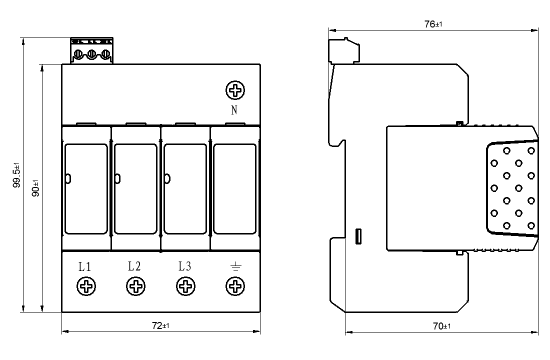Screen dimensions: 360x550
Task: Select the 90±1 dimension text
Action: pyautogui.click(x=35, y=189)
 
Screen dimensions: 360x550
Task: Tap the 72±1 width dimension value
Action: pyautogui.click(x=160, y=325)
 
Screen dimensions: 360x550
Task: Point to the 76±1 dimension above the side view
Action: pyautogui.click(x=433, y=23)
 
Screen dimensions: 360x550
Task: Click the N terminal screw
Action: pyautogui.click(x=235, y=90)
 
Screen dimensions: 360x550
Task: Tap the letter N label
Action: pyautogui.click(x=234, y=110)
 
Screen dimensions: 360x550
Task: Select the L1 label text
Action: pyautogui.click(x=85, y=266)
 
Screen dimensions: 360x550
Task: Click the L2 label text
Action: pyautogui.click(x=134, y=266)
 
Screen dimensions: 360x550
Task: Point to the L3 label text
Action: pyautogui.click(x=184, y=266)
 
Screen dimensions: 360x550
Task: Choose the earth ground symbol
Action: pyautogui.click(x=234, y=267)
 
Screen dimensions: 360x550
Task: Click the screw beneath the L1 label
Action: pyautogui.click(x=86, y=287)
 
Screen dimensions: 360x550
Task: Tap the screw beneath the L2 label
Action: pyautogui.click(x=135, y=287)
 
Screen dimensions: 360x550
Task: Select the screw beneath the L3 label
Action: pyautogui.click(x=185, y=287)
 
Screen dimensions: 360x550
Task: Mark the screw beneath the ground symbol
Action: pyautogui.click(x=234, y=287)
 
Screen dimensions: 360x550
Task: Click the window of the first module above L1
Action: pyautogui.click(x=86, y=188)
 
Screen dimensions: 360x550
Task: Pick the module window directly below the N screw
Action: pyautogui.click(x=235, y=188)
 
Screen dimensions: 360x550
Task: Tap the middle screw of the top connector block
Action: pyautogui.click(x=92, y=53)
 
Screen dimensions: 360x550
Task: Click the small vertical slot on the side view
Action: pyautogui.click(x=358, y=236)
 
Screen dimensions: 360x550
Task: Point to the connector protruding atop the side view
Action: pyautogui.click(x=343, y=49)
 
